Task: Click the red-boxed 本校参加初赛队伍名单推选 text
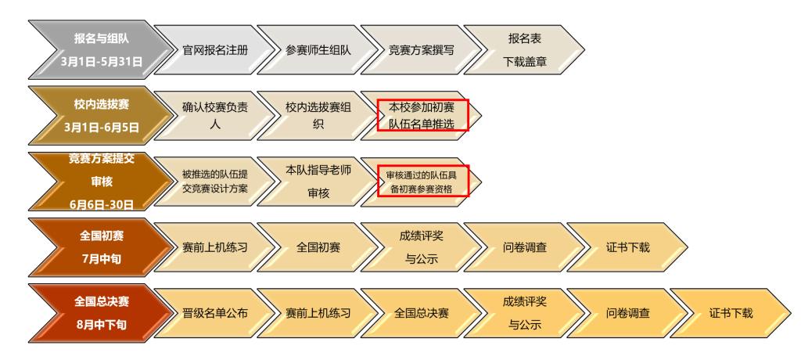point(422,114)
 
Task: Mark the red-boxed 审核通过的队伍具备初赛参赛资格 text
point(422,181)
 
